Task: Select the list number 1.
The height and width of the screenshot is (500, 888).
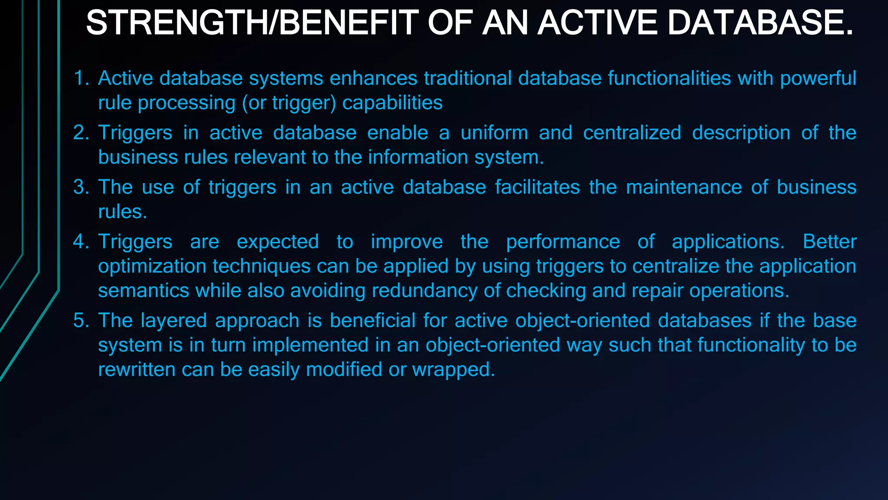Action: click(80, 79)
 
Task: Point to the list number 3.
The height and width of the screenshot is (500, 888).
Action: click(80, 187)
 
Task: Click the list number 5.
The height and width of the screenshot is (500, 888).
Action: click(80, 321)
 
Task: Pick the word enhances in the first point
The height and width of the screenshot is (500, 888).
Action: click(373, 79)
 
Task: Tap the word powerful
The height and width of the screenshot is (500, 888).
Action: click(818, 79)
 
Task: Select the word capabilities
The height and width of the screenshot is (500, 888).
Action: click(392, 103)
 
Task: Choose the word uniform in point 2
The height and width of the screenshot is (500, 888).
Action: click(494, 133)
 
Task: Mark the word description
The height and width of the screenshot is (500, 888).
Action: click(741, 133)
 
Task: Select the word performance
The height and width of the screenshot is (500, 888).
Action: click(563, 242)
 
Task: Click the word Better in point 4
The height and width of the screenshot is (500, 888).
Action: click(829, 242)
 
